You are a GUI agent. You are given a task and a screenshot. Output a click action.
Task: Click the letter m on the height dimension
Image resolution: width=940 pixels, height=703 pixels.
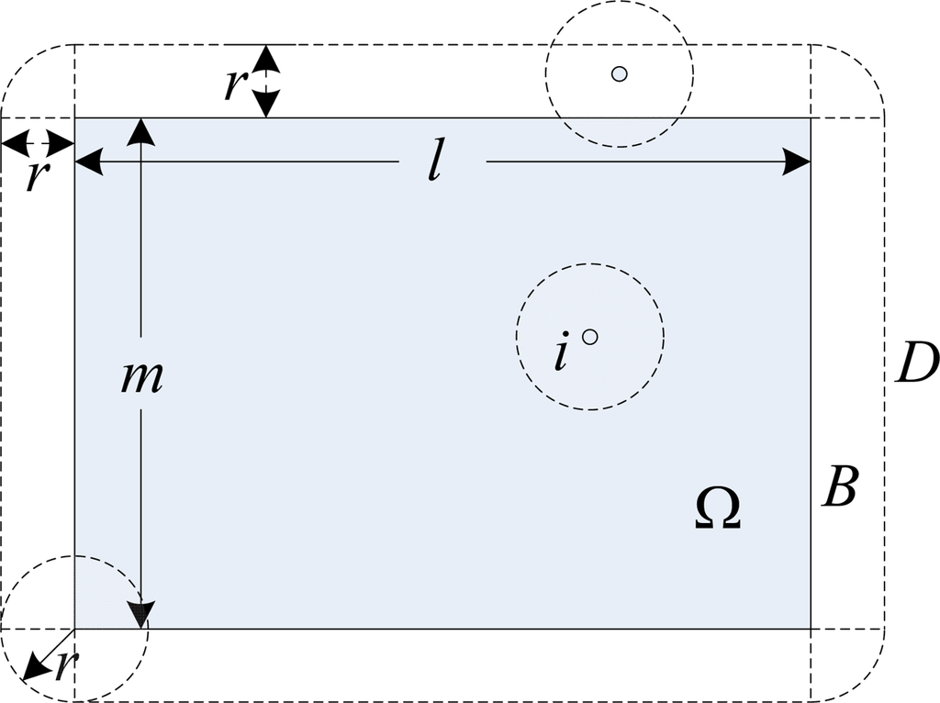(x=141, y=376)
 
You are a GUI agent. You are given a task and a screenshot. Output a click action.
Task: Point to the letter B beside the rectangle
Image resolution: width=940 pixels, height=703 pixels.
(x=839, y=487)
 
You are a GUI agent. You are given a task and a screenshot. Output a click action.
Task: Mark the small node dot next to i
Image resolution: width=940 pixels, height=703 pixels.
(x=590, y=337)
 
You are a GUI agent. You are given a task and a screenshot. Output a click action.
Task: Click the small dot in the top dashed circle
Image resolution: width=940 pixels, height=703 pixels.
(x=620, y=73)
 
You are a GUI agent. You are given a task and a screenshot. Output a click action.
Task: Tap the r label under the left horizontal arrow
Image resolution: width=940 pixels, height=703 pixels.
(x=35, y=174)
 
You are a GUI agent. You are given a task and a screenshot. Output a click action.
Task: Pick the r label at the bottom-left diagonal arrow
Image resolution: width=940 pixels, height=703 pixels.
(x=62, y=665)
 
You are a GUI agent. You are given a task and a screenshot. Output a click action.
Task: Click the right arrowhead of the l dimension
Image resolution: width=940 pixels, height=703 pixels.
(x=799, y=163)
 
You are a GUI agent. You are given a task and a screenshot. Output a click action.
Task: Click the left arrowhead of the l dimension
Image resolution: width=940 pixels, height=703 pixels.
(x=87, y=163)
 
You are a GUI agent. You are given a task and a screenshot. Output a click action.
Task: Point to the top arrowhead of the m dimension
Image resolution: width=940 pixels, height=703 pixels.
(x=140, y=130)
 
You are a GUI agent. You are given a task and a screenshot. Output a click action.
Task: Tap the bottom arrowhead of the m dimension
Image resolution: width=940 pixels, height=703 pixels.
(x=140, y=615)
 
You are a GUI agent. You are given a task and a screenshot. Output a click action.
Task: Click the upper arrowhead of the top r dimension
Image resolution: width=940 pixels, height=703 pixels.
(x=265, y=57)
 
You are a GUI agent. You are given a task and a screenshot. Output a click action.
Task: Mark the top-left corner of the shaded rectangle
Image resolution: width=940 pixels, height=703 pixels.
(x=74, y=118)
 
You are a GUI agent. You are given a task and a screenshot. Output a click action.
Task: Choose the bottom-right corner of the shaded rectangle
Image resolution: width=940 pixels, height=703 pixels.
(x=811, y=629)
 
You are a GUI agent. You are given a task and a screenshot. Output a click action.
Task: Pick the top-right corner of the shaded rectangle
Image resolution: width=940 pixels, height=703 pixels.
(x=811, y=118)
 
